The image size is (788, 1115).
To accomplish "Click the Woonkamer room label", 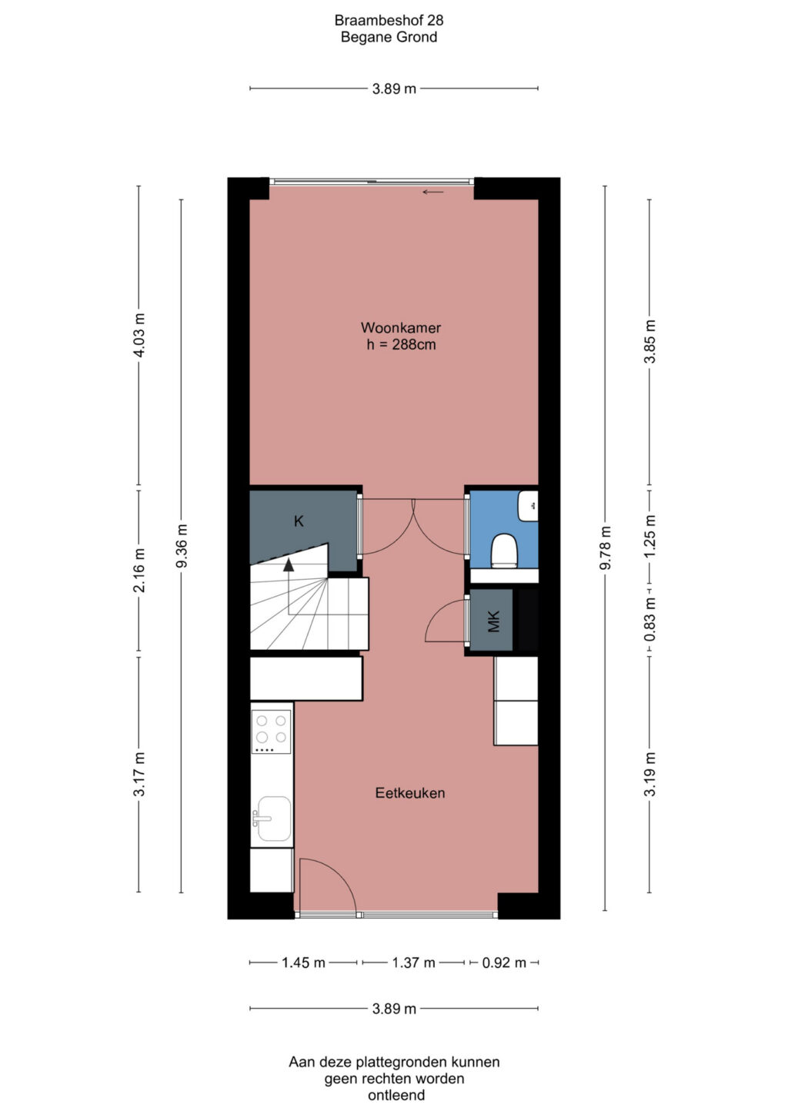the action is [400, 327].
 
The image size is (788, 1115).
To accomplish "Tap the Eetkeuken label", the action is [410, 793].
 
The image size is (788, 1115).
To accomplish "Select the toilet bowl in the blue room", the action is [505, 551].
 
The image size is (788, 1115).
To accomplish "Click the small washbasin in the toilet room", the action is [528, 506].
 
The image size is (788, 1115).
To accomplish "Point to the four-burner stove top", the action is [271, 732].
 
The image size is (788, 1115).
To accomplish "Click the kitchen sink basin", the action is [272, 819].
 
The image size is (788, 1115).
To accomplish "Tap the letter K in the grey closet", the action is [299, 521].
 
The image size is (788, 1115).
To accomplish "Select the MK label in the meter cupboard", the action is [493, 621].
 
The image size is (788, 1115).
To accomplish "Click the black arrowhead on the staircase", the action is [288, 564].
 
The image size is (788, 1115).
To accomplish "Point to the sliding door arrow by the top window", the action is [432, 193].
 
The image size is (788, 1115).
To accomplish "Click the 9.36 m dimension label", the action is [182, 546].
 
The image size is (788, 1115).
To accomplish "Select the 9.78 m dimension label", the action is [606, 547].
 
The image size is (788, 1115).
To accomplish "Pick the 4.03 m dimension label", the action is [140, 335].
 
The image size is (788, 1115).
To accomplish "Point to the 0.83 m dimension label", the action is [649, 620].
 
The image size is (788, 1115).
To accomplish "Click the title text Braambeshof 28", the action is [389, 21].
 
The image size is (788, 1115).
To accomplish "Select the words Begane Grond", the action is [389, 37].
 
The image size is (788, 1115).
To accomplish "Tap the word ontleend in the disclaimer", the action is [396, 1095].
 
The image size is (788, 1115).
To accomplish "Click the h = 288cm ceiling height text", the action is [401, 344].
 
